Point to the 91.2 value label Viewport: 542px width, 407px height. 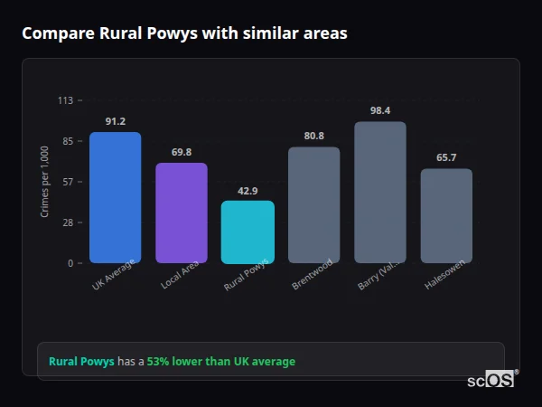[115, 121]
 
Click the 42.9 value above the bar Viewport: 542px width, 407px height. [248, 191]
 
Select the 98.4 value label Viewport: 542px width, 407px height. [380, 110]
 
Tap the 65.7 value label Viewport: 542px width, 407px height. [446, 157]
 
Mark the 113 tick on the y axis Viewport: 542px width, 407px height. [65, 100]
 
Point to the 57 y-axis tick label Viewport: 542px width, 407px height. [67, 182]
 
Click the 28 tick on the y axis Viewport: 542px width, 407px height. [67, 222]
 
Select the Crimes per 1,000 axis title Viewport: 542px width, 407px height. [45, 182]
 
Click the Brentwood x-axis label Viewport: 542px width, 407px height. [313, 274]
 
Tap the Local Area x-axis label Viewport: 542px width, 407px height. [180, 275]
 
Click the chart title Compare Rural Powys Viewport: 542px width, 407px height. [184, 33]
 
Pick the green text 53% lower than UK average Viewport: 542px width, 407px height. [221, 362]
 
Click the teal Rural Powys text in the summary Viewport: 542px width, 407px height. [81, 362]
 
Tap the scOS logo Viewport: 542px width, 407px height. [491, 380]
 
